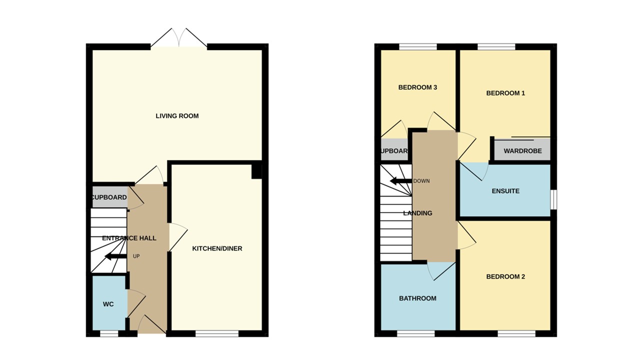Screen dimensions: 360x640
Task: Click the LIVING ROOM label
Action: pos(177,116)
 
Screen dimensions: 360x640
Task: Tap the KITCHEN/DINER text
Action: pos(217,248)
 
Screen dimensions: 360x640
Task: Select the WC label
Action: pos(108,304)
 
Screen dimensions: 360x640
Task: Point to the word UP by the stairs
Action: pos(136,256)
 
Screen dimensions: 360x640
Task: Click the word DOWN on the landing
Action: pos(421,181)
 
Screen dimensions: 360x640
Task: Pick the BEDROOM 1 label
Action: pos(505,93)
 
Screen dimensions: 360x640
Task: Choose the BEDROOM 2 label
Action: pos(505,276)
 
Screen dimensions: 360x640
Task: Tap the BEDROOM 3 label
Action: pos(417,87)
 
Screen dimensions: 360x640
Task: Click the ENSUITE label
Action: pos(505,191)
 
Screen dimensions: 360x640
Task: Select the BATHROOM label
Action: pos(417,298)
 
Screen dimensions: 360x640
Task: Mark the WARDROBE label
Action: pos(522,151)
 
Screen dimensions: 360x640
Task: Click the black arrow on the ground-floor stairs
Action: pos(115,257)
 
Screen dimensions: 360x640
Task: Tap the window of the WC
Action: pos(108,333)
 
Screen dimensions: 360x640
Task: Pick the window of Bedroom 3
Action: pos(418,47)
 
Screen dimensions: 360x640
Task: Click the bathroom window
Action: pos(416,333)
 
